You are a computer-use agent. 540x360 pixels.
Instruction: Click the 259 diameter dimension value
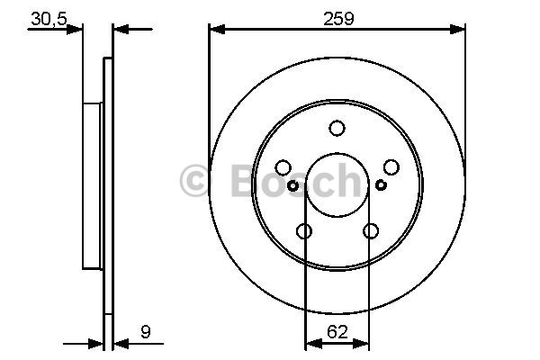[x=338, y=19]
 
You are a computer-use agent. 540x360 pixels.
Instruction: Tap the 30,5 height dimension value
[x=49, y=19]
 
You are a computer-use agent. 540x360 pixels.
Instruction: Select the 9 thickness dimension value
[x=146, y=332]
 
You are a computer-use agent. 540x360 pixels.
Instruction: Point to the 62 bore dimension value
[x=337, y=332]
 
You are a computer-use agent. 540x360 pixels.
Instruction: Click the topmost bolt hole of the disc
[x=337, y=128]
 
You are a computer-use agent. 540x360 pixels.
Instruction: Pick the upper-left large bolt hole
[x=283, y=167]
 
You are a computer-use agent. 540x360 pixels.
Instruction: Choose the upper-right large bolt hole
[x=391, y=167]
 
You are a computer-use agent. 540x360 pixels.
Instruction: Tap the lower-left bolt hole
[x=304, y=230]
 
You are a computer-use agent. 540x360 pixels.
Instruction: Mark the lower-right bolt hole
[x=371, y=230]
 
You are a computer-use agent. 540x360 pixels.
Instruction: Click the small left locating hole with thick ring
[x=292, y=186]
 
